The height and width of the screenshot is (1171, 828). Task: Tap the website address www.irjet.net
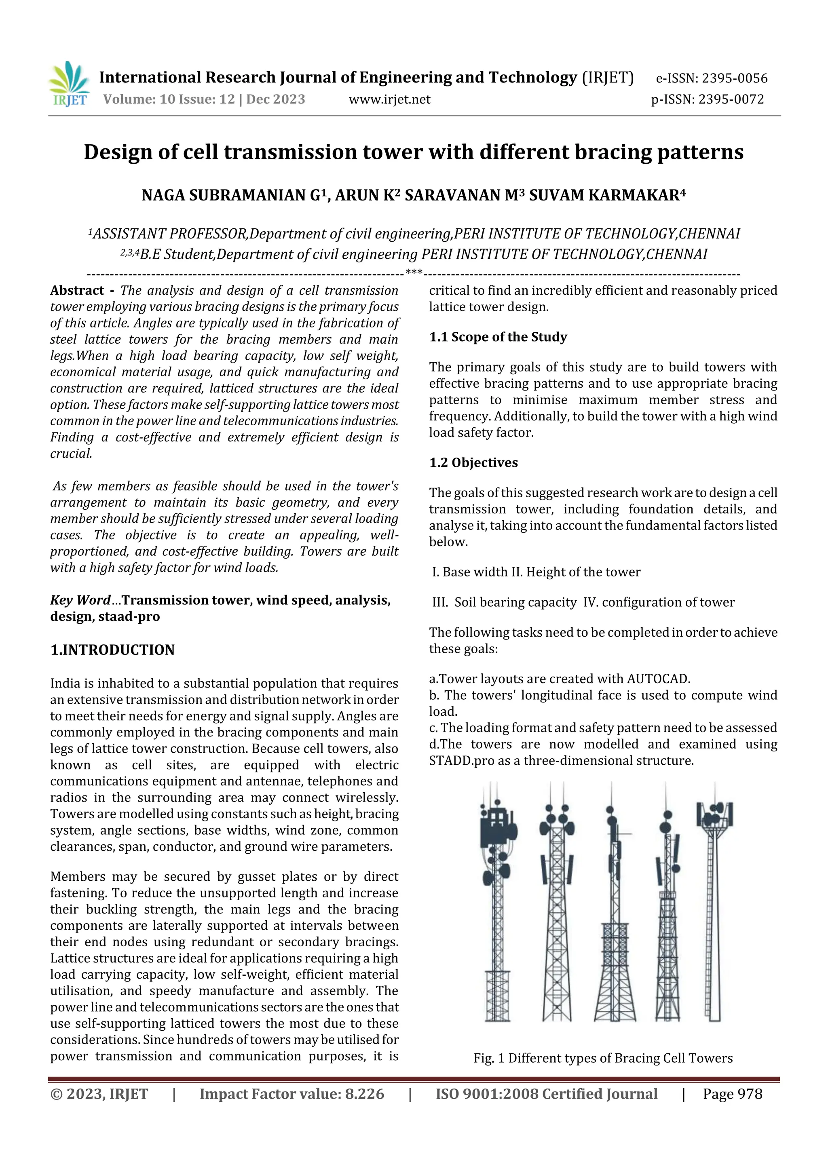coord(389,99)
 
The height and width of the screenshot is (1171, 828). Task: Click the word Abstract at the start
coord(77,291)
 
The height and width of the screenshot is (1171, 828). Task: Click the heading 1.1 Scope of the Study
coord(498,337)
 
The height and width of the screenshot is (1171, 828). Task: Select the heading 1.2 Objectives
coord(473,462)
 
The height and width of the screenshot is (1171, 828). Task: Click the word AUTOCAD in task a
coord(658,679)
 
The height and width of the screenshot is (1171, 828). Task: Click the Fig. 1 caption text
coord(602,1058)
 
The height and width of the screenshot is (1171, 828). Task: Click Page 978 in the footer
coord(732,1094)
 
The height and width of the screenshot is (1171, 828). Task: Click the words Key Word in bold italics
coord(80,600)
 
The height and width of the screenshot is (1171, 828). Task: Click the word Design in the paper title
coord(117,152)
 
